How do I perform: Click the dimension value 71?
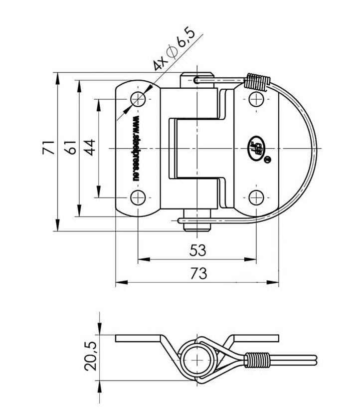coord(47,148)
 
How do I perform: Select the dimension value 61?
coord(70,148)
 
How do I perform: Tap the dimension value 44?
coord(90,148)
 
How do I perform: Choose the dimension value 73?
coord(197,273)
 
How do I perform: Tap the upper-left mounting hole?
coord(139,99)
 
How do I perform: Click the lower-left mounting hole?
coord(139,198)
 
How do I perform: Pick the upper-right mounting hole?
coord(256,99)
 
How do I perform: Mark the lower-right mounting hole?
coord(256,198)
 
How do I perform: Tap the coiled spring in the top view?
coord(257,82)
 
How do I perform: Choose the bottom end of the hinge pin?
coord(197,225)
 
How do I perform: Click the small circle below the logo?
coord(267,160)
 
